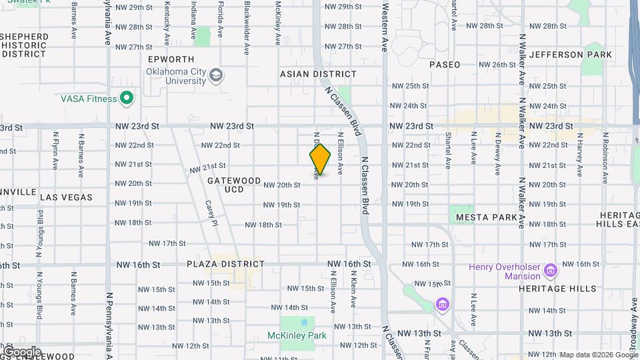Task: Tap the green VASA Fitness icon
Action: click(x=127, y=99)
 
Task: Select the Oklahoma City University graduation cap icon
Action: click(x=216, y=76)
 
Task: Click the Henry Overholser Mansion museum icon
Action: click(x=551, y=271)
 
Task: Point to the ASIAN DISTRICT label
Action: click(x=318, y=74)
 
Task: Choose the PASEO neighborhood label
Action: click(x=445, y=65)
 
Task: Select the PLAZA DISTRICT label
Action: click(x=226, y=264)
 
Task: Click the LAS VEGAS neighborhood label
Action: click(x=67, y=197)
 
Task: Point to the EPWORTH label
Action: click(x=171, y=59)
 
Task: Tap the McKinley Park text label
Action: click(x=297, y=335)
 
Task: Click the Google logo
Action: click(x=22, y=352)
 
